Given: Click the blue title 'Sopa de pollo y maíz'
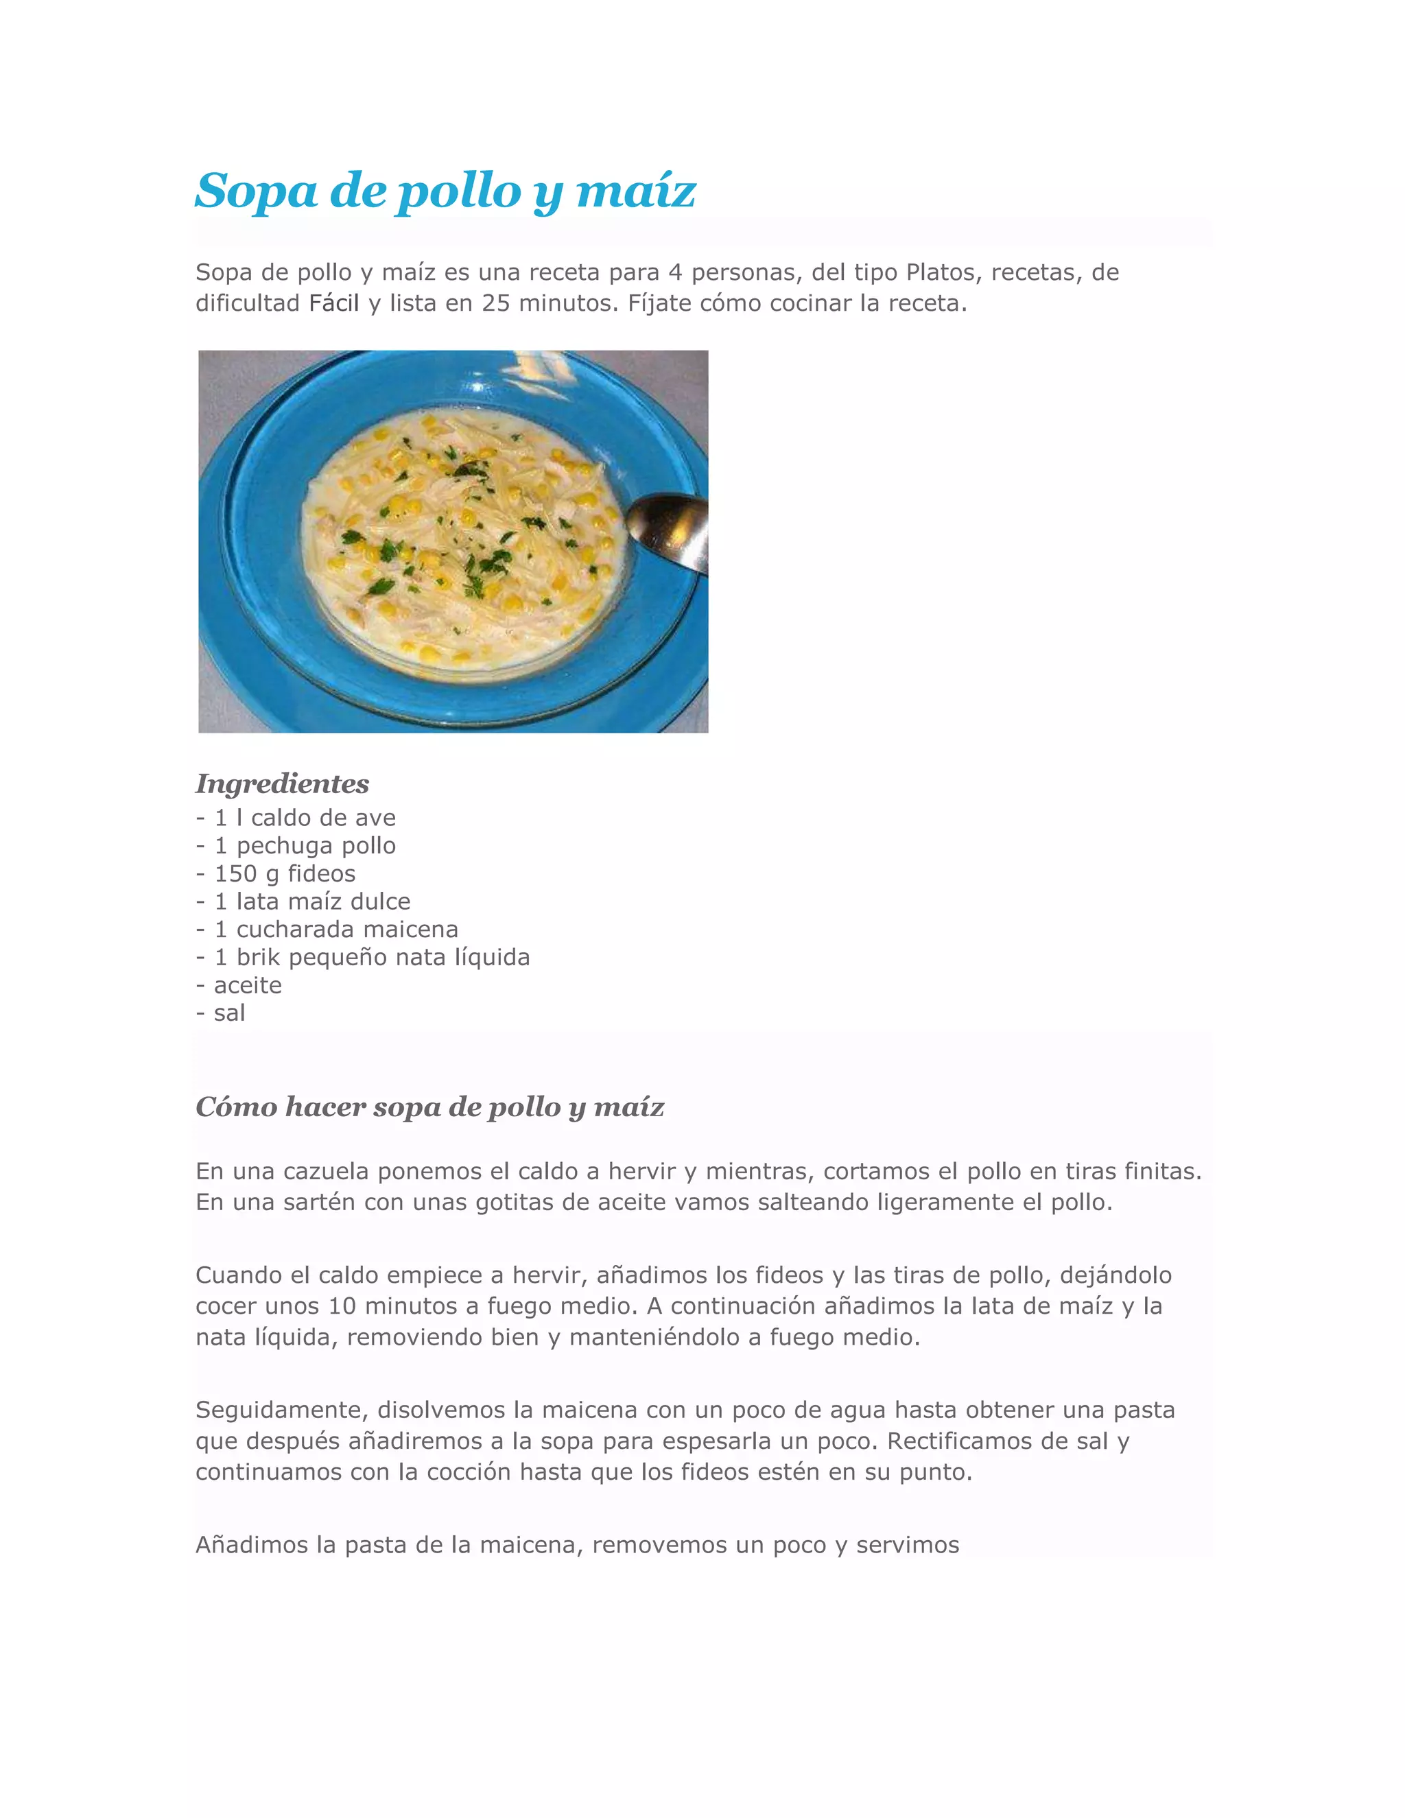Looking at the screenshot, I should (445, 191).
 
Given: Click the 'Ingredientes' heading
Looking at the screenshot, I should (282, 784).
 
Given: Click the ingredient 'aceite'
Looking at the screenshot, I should (248, 986).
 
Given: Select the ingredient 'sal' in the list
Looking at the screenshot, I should (230, 1013).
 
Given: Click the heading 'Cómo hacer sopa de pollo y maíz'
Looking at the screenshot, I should (429, 1107).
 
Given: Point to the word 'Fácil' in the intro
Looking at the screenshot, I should (334, 303).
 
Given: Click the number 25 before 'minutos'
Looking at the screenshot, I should (496, 303).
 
